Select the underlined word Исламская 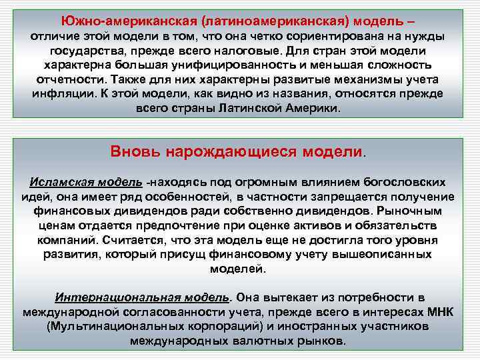58,182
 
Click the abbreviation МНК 441,312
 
